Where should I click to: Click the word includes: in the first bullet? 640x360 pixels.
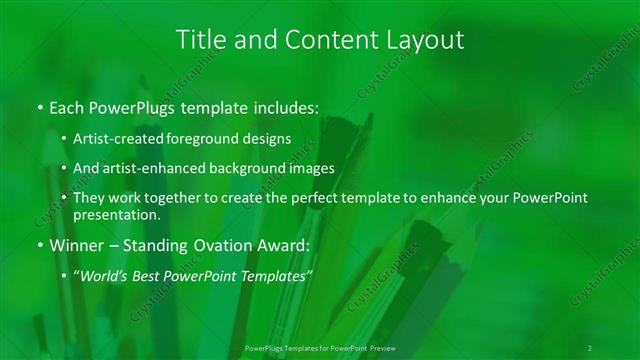pos(283,106)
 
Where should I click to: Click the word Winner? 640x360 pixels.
pos(78,246)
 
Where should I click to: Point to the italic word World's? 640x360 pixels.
pos(103,276)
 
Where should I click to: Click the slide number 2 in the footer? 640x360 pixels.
pos(590,348)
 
